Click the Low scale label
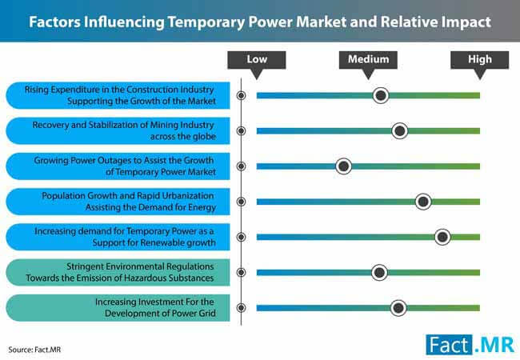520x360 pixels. coord(257,59)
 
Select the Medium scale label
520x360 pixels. coord(368,59)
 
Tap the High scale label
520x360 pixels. coord(479,59)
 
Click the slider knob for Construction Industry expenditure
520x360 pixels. coord(381,95)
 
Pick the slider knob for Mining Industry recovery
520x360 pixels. coord(400,131)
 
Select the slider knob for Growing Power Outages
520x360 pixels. coord(343,166)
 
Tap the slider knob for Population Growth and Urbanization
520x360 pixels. coord(423,202)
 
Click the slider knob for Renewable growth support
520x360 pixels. coord(442,237)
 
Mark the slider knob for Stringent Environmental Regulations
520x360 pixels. coord(379,273)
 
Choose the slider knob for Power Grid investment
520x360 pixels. coord(398,308)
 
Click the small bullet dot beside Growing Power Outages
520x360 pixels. coord(241,166)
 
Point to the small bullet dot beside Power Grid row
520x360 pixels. coord(241,308)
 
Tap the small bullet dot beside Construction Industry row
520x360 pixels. coord(241,95)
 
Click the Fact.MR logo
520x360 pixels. coord(470,345)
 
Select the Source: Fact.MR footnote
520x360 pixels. coord(34,350)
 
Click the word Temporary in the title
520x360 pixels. coord(206,22)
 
